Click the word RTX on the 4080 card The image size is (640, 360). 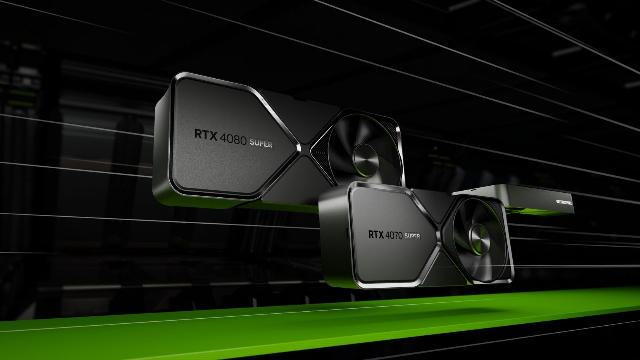point(205,135)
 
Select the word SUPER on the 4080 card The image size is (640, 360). point(261,144)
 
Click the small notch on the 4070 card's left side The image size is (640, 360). point(347,233)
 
